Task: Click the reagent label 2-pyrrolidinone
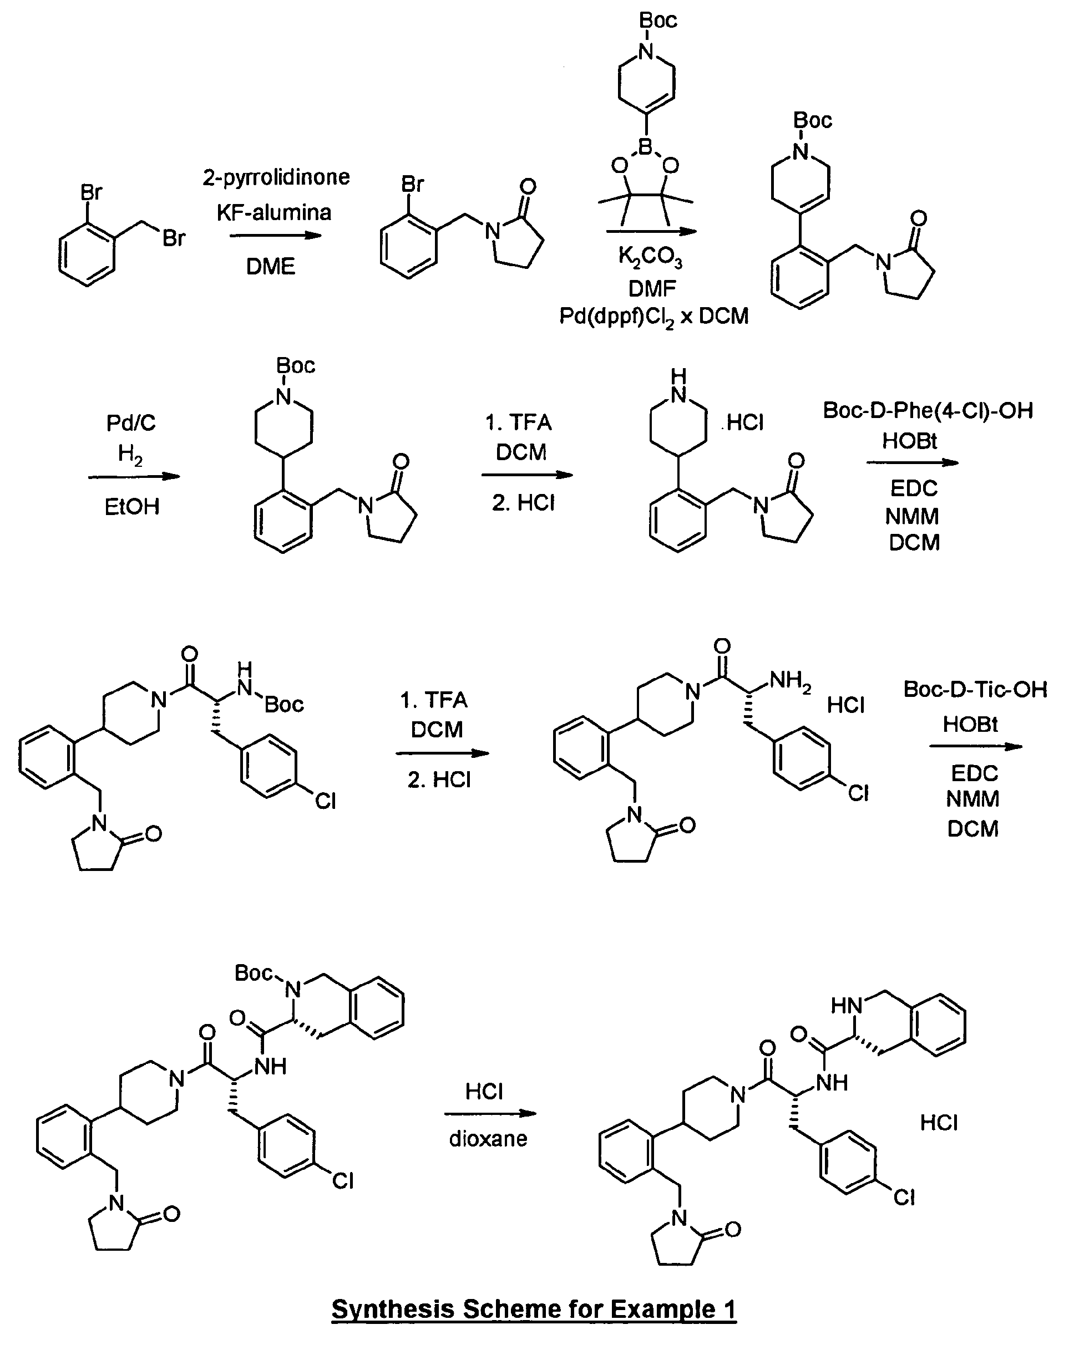(276, 178)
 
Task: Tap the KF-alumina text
(273, 213)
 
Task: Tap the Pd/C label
(130, 424)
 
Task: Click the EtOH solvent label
(131, 507)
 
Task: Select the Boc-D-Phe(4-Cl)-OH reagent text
(928, 410)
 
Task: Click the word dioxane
(488, 1139)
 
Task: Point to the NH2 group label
(790, 681)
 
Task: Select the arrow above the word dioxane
(490, 1114)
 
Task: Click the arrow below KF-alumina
(275, 236)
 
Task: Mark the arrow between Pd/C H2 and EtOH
(134, 477)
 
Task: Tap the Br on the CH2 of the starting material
(174, 238)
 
